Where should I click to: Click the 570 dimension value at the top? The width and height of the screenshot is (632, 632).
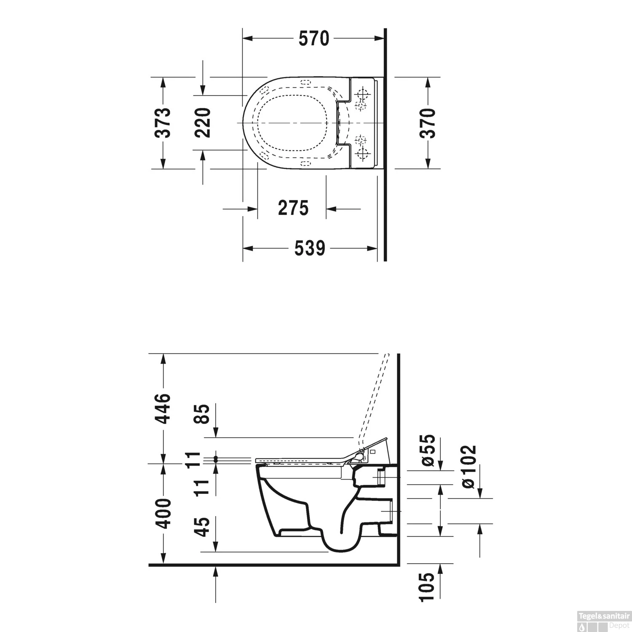tap(313, 39)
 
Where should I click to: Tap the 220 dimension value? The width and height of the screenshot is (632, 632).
tap(203, 123)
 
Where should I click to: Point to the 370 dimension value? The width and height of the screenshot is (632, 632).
tap(428, 123)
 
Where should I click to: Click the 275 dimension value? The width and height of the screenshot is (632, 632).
tap(293, 208)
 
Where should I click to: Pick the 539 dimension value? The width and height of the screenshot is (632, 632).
tap(310, 248)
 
